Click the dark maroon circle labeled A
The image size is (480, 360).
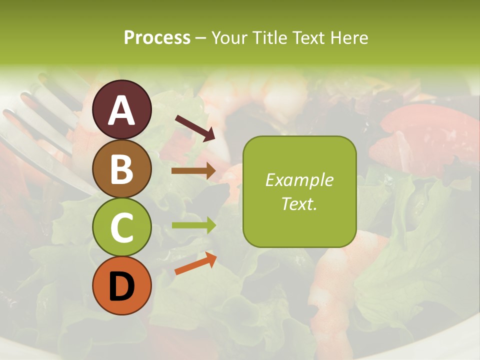click(x=122, y=109)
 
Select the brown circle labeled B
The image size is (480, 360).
click(x=122, y=168)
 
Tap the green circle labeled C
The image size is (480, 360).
click(x=122, y=227)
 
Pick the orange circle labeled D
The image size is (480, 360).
click(x=122, y=286)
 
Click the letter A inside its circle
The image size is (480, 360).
click(x=122, y=110)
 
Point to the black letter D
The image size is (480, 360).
click(x=122, y=287)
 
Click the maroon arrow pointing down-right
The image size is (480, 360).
click(x=195, y=127)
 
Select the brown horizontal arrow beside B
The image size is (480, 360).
click(x=193, y=170)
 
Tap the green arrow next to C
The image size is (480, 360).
click(x=193, y=225)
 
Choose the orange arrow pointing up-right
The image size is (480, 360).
click(x=195, y=263)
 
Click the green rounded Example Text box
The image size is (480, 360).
click(x=299, y=191)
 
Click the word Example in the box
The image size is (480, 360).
click(x=299, y=180)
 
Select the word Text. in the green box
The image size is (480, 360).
click(x=299, y=203)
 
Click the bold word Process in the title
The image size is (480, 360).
click(x=157, y=38)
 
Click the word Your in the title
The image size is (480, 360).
click(x=228, y=38)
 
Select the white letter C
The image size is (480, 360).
click(x=122, y=228)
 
